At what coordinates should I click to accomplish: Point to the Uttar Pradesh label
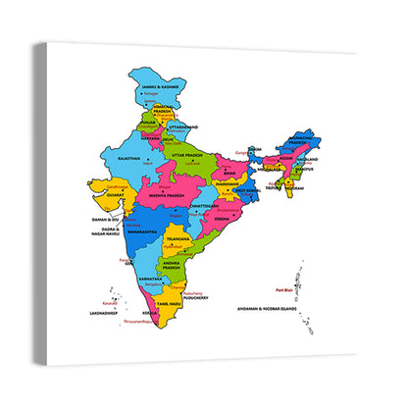click(x=189, y=155)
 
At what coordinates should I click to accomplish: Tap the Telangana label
click(x=177, y=238)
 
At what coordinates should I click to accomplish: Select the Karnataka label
click(x=151, y=279)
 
